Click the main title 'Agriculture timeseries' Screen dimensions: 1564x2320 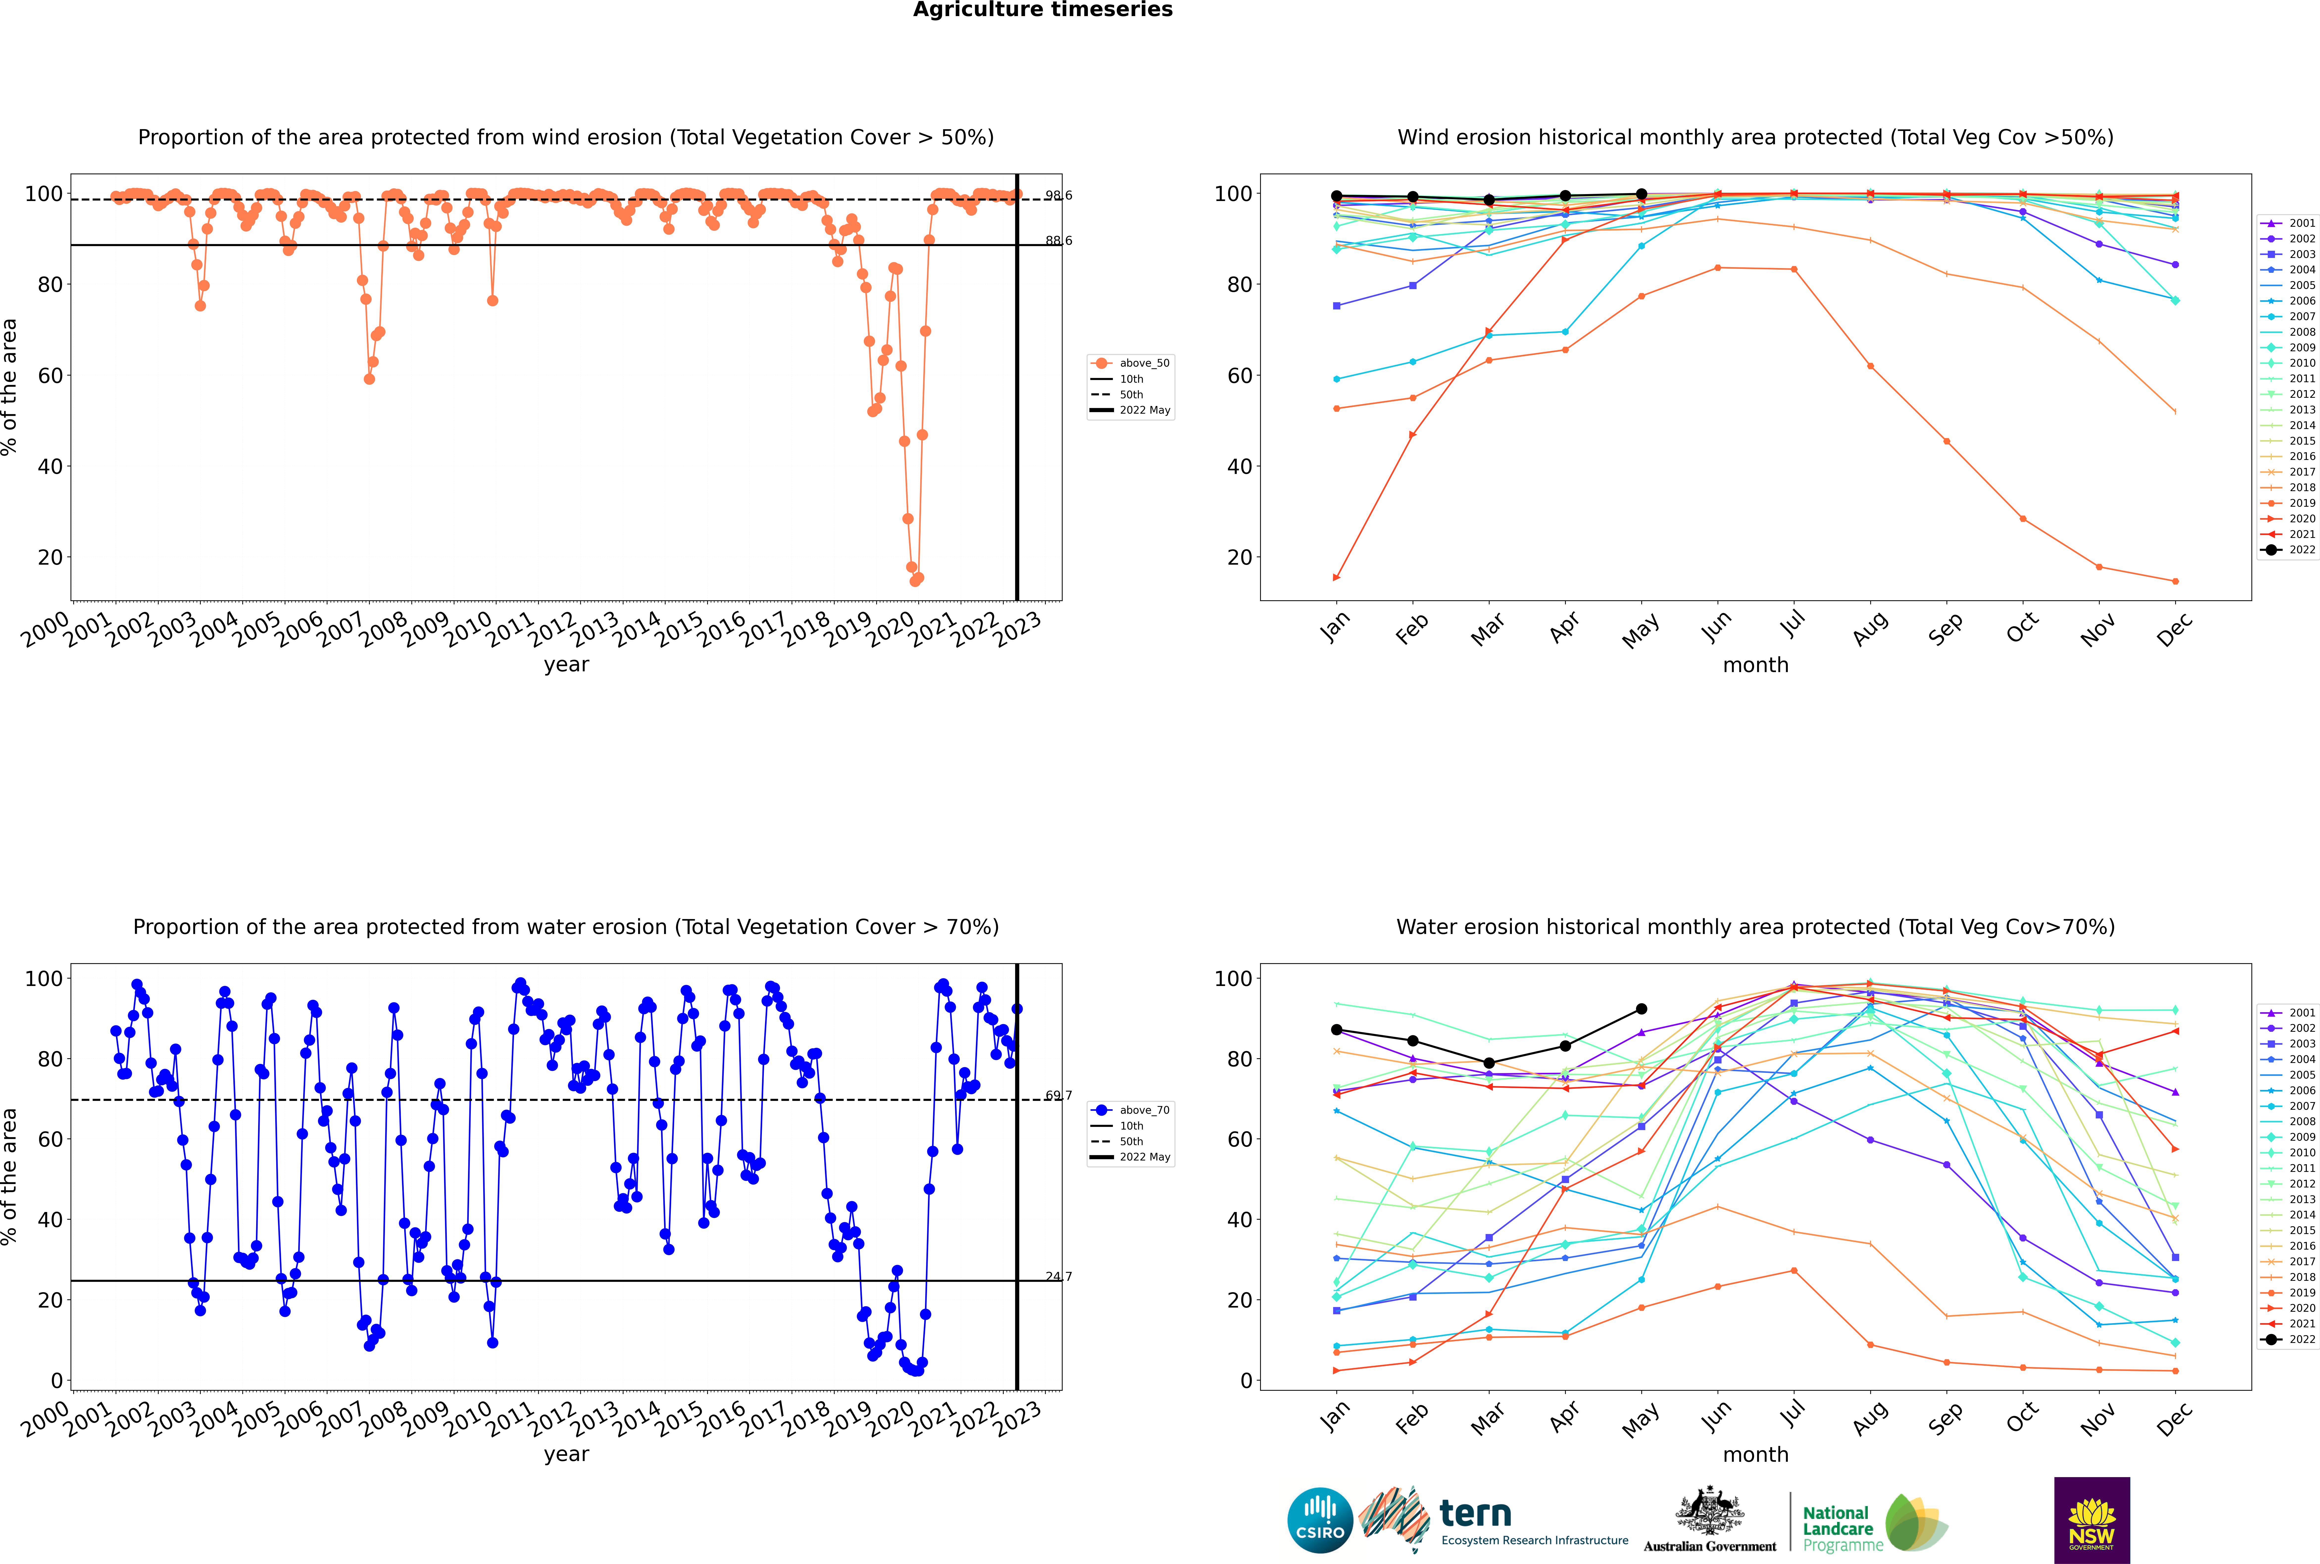click(x=1042, y=10)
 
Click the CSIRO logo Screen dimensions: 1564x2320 click(x=1320, y=1520)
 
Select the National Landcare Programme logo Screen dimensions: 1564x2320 click(x=1873, y=1522)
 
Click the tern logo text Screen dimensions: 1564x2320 click(x=1475, y=1514)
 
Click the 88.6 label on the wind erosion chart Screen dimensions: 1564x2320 click(x=1058, y=240)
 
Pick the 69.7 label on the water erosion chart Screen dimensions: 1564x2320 click(x=1058, y=1095)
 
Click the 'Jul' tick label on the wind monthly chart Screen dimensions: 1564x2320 click(x=1792, y=624)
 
